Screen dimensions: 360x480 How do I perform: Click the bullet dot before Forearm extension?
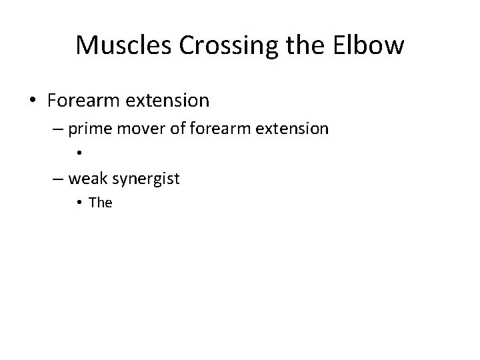(x=33, y=101)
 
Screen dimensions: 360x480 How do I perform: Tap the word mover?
(x=143, y=129)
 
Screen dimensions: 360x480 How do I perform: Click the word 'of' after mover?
(x=177, y=129)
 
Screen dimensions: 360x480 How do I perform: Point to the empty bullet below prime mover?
(x=79, y=153)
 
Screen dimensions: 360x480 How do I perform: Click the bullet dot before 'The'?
(x=79, y=203)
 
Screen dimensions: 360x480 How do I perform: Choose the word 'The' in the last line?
(x=101, y=203)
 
